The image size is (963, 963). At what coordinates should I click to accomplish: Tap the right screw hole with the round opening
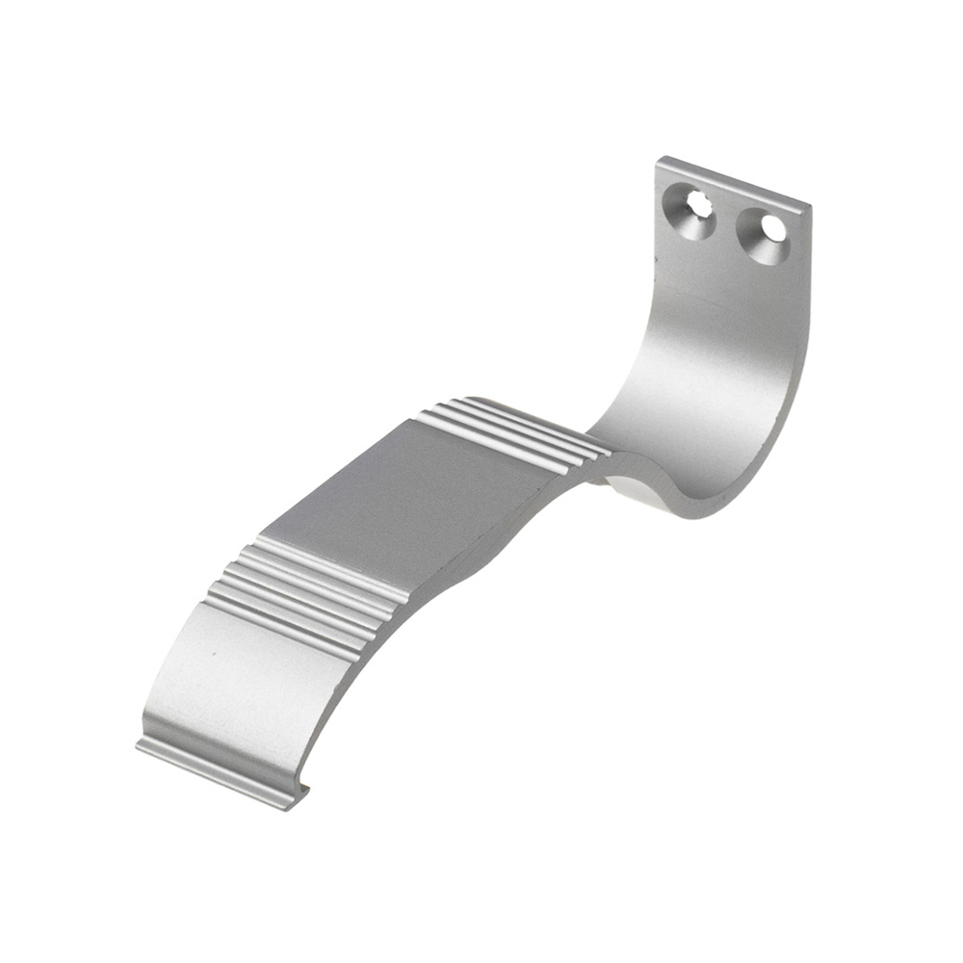770,229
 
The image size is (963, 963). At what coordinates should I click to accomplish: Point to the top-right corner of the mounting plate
810,205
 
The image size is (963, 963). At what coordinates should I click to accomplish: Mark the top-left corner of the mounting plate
660,159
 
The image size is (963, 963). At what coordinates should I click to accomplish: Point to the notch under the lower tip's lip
302,791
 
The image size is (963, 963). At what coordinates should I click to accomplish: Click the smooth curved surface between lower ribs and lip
241,693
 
